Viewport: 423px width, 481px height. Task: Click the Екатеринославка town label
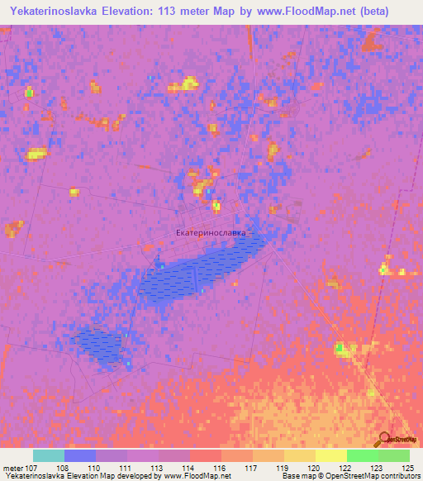point(211,233)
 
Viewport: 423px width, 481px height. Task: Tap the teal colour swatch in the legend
point(49,455)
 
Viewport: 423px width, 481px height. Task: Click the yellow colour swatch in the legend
point(330,455)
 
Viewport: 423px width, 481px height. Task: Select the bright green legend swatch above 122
point(362,455)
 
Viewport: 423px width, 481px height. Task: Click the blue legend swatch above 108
point(80,455)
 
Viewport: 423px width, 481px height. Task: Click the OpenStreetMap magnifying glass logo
point(384,440)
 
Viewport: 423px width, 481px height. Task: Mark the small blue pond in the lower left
point(98,345)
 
